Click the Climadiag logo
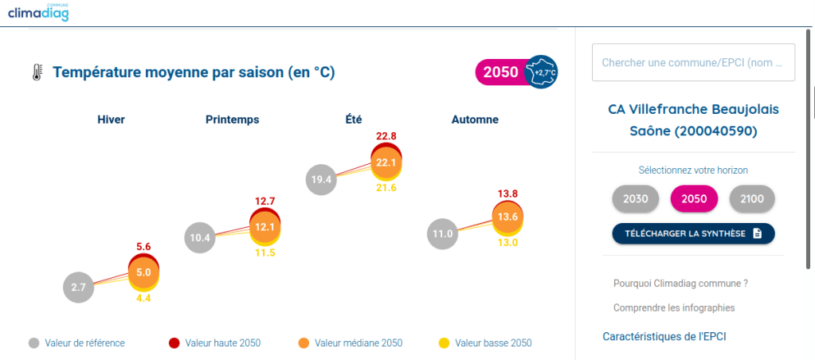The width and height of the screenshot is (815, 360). coord(38,12)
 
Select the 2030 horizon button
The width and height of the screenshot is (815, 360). coord(635,199)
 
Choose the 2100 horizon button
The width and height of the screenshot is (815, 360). coord(752,199)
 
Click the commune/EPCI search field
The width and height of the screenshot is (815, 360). coord(693,62)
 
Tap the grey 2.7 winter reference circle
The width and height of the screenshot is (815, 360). coord(78,287)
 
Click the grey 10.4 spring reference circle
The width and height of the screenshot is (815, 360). coord(200,237)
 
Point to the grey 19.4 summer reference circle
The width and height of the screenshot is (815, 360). coord(322,179)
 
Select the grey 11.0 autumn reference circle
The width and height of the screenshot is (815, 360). coord(443,233)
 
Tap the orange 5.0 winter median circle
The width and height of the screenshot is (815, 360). coord(143,272)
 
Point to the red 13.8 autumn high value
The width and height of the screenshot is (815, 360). coord(507,194)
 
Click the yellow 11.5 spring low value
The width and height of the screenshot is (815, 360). coord(264,252)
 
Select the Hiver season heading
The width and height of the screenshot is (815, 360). coord(111,119)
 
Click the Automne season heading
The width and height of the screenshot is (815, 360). coord(475,119)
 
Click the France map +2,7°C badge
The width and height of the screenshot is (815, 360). coord(543,72)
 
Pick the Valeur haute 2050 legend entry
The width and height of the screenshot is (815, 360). coord(214,343)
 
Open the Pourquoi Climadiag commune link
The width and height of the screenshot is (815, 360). coord(680,283)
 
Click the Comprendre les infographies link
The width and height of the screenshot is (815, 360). coord(674,307)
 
